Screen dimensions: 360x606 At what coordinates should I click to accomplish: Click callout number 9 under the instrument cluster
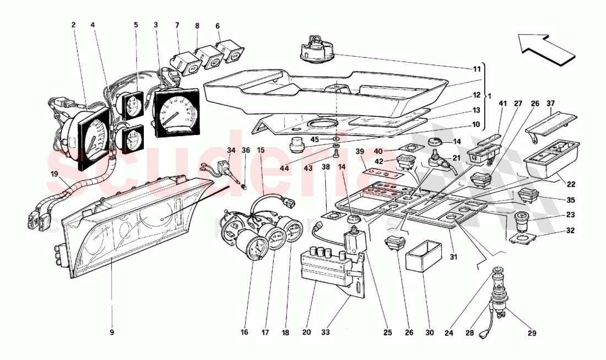(112, 332)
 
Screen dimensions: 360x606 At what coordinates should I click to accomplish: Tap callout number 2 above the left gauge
(73, 25)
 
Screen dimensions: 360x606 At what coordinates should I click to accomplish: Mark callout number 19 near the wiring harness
(53, 174)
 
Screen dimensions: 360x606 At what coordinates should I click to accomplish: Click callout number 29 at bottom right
(532, 333)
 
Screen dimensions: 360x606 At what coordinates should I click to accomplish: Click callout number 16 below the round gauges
(244, 332)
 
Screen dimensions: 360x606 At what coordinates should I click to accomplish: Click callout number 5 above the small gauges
(136, 25)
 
